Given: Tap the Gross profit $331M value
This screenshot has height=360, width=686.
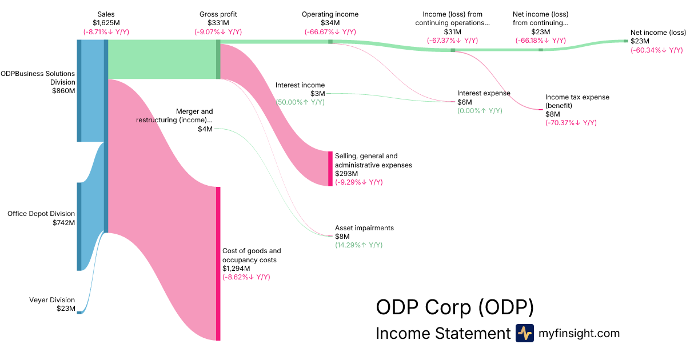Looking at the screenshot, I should pyautogui.click(x=218, y=23).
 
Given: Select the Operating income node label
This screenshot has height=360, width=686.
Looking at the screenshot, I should pyautogui.click(x=330, y=14).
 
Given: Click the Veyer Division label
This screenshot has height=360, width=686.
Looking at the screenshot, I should pyautogui.click(x=52, y=300).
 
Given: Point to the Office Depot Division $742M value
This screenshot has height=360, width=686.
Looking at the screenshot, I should pyautogui.click(x=63, y=223).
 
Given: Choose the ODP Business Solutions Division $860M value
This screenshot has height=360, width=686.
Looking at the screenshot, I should pyautogui.click(x=63, y=90).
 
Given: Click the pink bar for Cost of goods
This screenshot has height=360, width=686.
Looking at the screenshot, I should pyautogui.click(x=218, y=263).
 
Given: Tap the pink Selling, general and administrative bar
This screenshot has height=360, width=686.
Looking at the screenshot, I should pyautogui.click(x=330, y=169).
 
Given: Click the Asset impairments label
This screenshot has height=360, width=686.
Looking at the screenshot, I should pyautogui.click(x=364, y=228).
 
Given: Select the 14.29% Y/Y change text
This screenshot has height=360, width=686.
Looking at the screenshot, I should pyautogui.click(x=358, y=245).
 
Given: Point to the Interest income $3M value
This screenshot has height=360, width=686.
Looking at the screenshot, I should pyautogui.click(x=317, y=94).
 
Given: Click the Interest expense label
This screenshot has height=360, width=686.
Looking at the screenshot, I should pyautogui.click(x=484, y=93).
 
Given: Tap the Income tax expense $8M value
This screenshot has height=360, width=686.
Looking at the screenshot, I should pyautogui.click(x=553, y=114).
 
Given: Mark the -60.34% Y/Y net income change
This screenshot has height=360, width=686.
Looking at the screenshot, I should pyautogui.click(x=656, y=50).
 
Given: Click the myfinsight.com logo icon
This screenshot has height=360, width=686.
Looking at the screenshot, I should pyautogui.click(x=524, y=333).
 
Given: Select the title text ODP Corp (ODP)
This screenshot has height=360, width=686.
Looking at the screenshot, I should pyautogui.click(x=454, y=307).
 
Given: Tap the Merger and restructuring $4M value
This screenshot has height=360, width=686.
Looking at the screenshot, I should pyautogui.click(x=205, y=129).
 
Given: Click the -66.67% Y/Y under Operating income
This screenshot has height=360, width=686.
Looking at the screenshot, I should pyautogui.click(x=330, y=32).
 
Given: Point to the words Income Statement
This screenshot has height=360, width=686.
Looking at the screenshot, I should pyautogui.click(x=442, y=334).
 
